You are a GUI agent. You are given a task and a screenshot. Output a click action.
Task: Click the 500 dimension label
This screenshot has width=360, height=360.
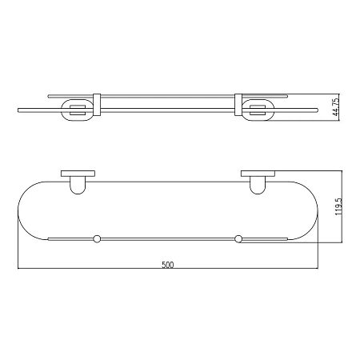168,265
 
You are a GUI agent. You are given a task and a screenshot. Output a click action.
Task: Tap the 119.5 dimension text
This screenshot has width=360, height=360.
338,207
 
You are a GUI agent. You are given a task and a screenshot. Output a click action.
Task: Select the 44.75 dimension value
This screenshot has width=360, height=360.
336,106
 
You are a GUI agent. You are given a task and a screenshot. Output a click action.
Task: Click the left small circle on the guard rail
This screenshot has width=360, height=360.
97,238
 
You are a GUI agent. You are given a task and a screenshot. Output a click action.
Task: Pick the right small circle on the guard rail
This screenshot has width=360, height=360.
238,238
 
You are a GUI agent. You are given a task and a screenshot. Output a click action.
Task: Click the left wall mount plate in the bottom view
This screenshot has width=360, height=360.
78,174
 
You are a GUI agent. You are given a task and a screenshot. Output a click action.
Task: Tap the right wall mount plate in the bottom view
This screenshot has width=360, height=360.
258,174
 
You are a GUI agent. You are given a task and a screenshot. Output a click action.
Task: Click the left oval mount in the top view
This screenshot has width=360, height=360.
62,110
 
